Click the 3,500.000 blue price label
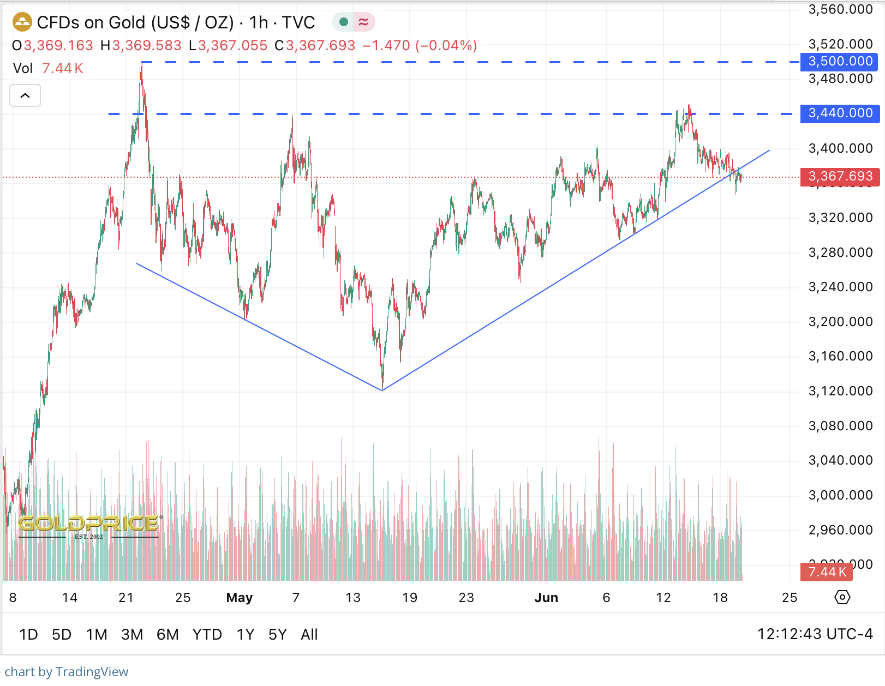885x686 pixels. pos(839,62)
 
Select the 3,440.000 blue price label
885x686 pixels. pos(839,113)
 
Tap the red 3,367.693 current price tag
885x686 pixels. pos(839,177)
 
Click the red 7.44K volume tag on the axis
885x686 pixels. pos(826,572)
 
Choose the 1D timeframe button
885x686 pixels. pos(28,635)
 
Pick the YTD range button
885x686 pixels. pos(207,635)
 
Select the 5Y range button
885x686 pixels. pos(277,635)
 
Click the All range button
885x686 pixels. pos(309,635)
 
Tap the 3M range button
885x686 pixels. pos(132,635)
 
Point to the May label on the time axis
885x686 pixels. pos(239,598)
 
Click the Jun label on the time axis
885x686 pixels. pos(546,598)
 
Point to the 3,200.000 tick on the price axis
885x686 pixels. pos(840,322)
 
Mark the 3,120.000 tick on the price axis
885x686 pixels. pos(840,391)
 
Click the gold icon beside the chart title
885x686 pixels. pos(22,22)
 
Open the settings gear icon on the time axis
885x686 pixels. pos(842,598)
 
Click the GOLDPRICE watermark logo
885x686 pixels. pos(89,525)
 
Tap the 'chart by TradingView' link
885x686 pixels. pos(67,672)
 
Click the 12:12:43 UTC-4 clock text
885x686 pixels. pos(815,634)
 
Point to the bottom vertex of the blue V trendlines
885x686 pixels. pos(382,390)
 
